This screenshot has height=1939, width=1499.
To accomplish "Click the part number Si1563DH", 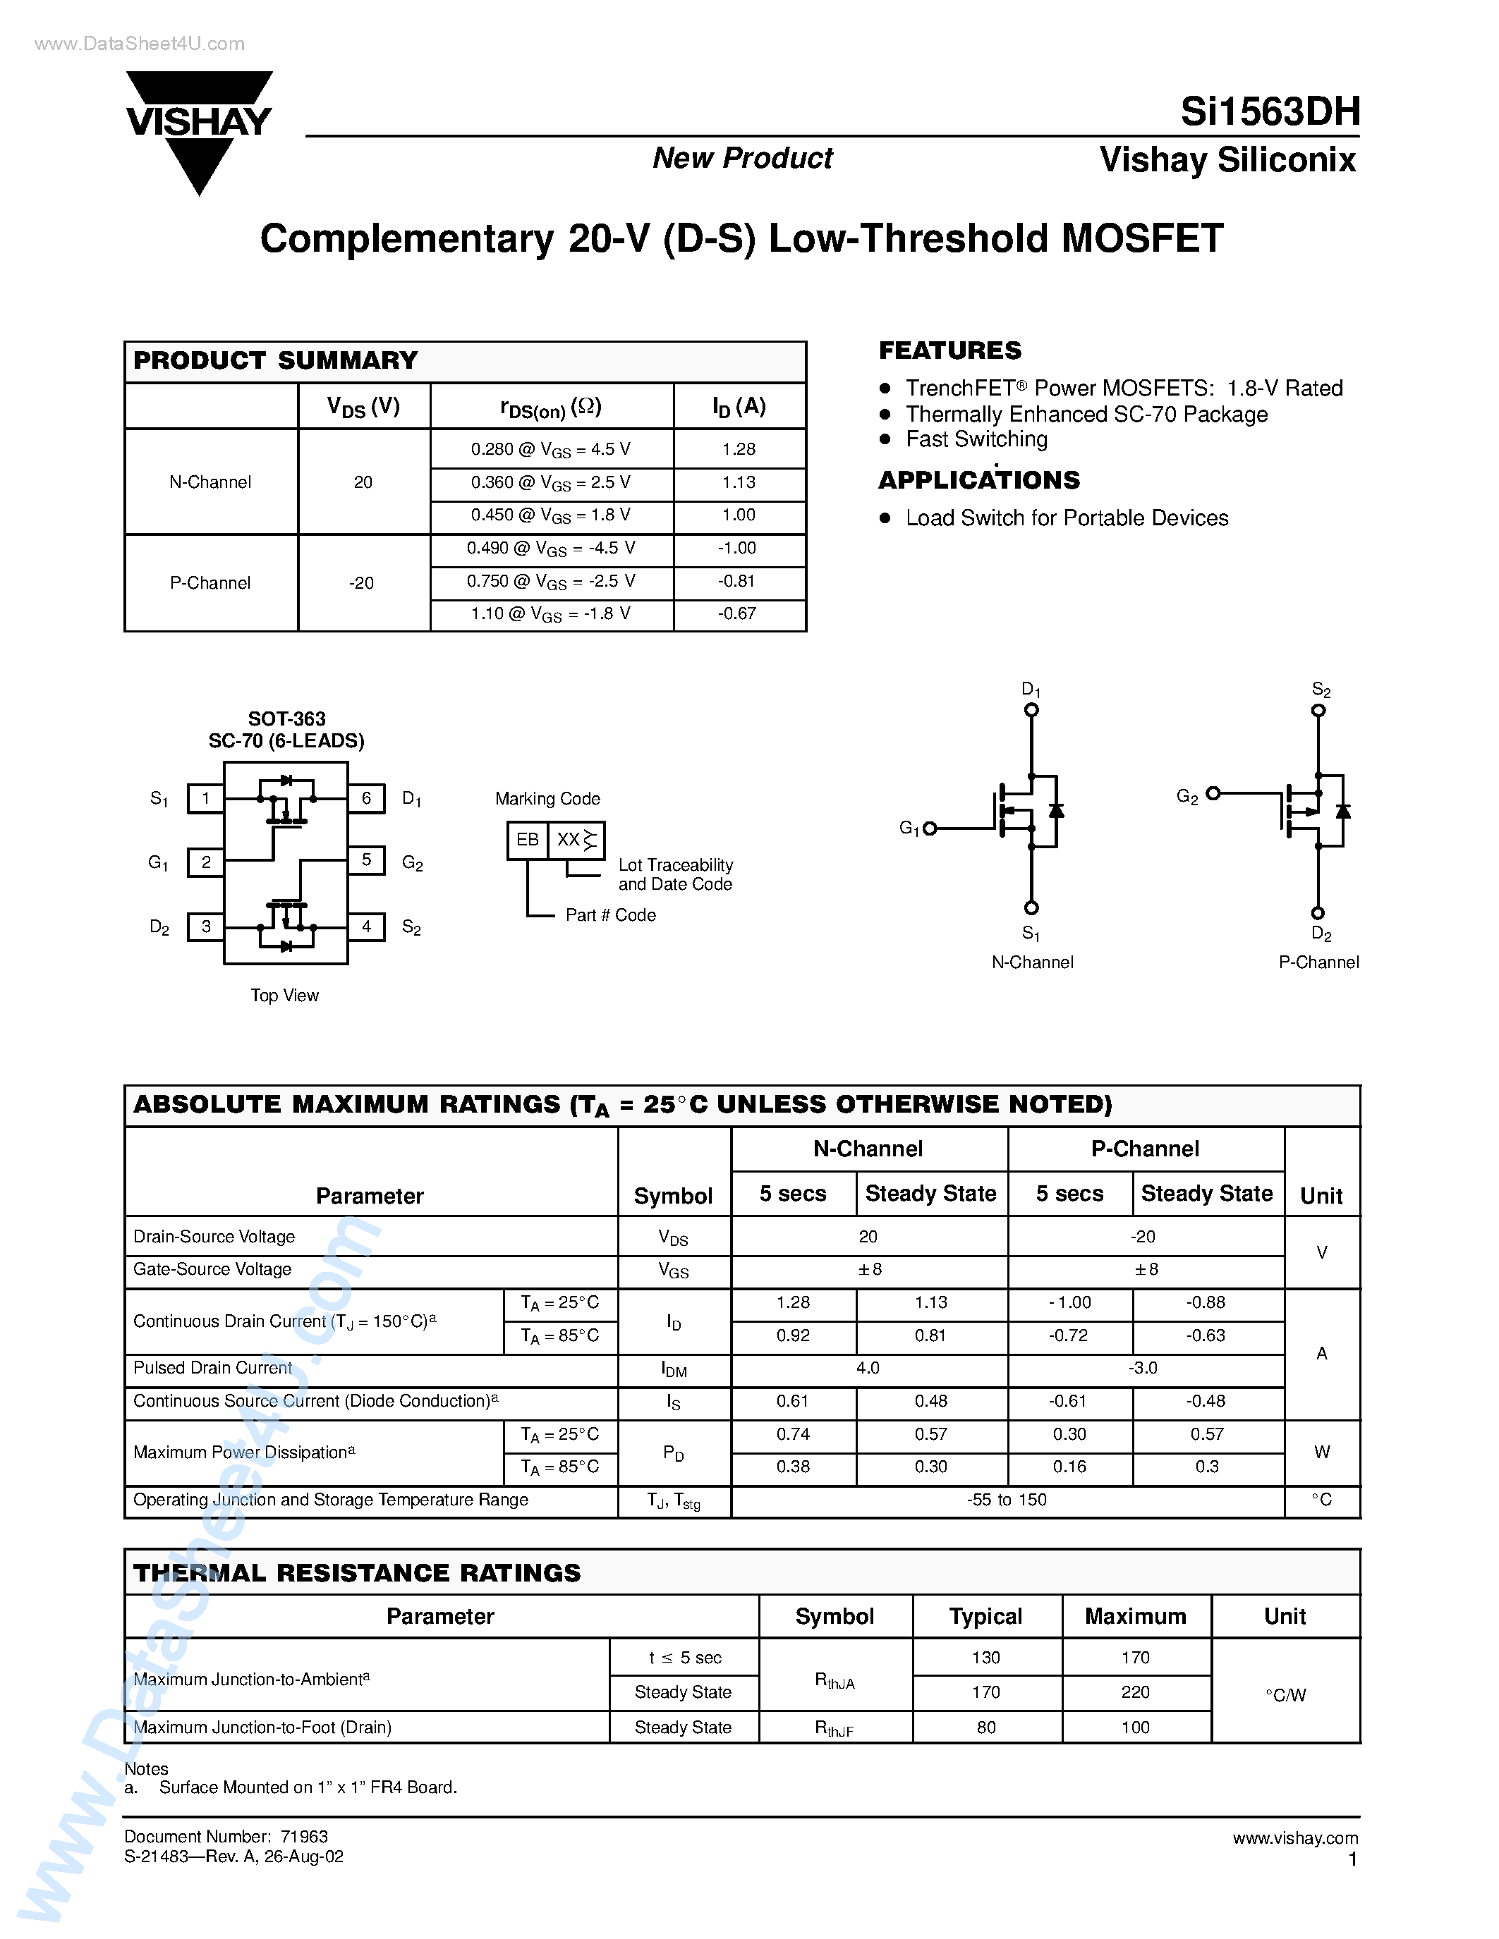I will click(x=1269, y=112).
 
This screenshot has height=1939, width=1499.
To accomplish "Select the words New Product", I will click(x=742, y=158).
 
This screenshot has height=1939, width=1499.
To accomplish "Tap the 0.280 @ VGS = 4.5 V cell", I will click(x=551, y=449).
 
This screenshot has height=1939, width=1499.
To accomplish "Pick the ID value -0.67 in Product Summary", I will click(x=737, y=613).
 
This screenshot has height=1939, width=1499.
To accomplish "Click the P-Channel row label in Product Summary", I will click(x=210, y=583).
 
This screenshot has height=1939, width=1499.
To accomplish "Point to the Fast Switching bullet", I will click(x=976, y=439).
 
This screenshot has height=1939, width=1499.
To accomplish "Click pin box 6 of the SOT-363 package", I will click(x=366, y=798).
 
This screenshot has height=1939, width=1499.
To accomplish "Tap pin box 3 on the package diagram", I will click(x=205, y=926).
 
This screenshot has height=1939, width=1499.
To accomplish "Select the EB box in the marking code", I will click(x=528, y=840).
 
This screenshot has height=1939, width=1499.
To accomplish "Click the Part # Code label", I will click(x=610, y=915).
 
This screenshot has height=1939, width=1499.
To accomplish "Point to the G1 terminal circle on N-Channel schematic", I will click(x=930, y=828).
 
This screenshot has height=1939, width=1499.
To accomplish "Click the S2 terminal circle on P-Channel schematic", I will click(x=1318, y=710).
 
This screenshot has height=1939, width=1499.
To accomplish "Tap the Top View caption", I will click(x=284, y=996).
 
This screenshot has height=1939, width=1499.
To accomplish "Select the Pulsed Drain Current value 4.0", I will click(x=868, y=1368).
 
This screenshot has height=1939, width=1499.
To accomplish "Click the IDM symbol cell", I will click(x=674, y=1370).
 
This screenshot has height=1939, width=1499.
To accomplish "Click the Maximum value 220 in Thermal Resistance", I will click(x=1135, y=1692).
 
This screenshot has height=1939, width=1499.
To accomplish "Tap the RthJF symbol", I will click(x=835, y=1727).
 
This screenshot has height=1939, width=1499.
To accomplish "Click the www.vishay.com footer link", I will click(x=1294, y=1837).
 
